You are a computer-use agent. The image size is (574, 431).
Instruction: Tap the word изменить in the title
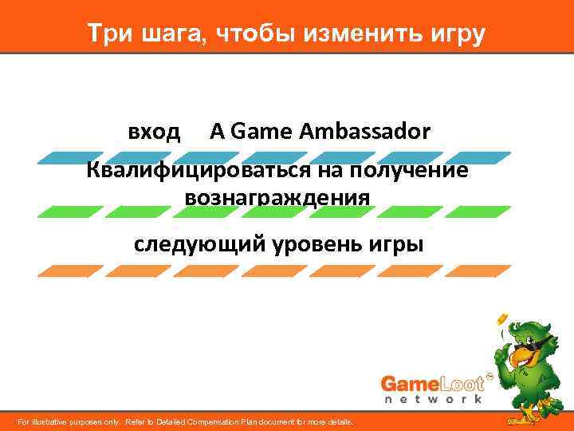point(353,34)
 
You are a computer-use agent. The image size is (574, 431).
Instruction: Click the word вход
point(155,132)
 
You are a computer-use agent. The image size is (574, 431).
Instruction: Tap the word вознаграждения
point(277,196)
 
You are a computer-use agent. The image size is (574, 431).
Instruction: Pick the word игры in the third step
point(397,244)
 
